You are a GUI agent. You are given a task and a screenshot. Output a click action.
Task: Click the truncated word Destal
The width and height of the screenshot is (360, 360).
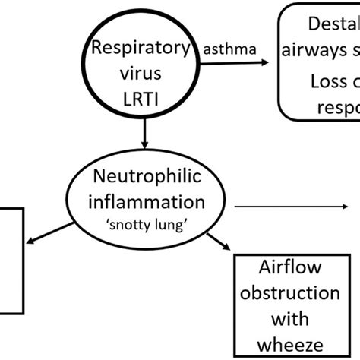point(333,25)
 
